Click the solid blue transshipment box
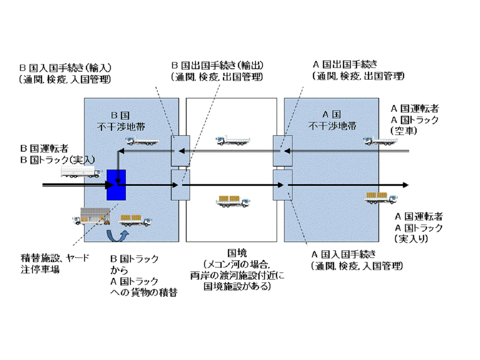pos(116,185)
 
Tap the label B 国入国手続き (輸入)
pos(67,67)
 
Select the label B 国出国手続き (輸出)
pos(217,66)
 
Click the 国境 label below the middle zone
pos(237,253)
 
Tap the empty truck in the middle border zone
pos(233,140)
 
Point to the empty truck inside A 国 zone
pos(380,140)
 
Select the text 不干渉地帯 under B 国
pos(131,125)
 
